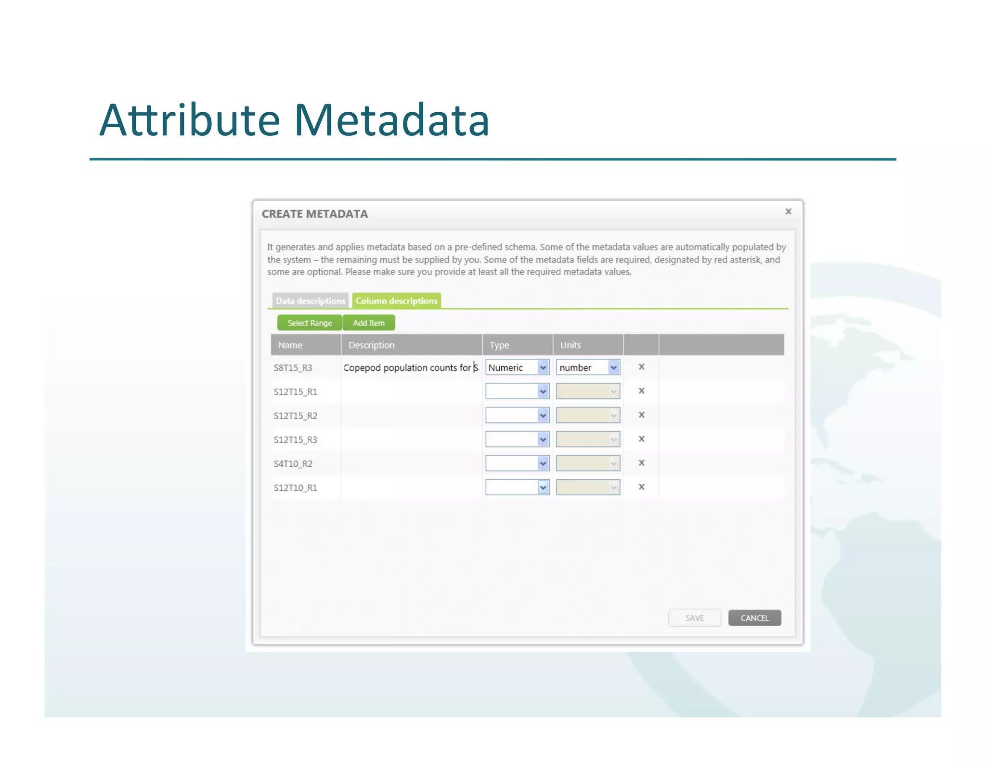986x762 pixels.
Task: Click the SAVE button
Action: pos(694,618)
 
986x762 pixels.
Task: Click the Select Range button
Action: pos(309,323)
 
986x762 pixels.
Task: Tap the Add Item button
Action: pos(369,323)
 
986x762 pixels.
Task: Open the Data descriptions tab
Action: pos(310,301)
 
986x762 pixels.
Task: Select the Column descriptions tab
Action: pos(396,301)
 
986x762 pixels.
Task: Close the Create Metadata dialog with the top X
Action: pos(788,211)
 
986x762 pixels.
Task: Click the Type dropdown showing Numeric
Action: pos(517,368)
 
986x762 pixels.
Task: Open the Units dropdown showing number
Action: pos(588,368)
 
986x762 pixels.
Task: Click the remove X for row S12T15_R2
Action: pos(641,415)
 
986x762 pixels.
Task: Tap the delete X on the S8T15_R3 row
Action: pos(641,367)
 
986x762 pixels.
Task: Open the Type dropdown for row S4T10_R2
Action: pos(517,463)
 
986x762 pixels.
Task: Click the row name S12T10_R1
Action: pos(295,487)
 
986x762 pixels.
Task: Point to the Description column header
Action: pos(371,345)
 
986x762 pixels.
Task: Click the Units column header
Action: pos(571,345)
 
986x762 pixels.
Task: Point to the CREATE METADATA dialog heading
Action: pos(314,214)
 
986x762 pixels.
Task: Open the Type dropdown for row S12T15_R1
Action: pos(517,391)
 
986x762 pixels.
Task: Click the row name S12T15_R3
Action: pos(295,439)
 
